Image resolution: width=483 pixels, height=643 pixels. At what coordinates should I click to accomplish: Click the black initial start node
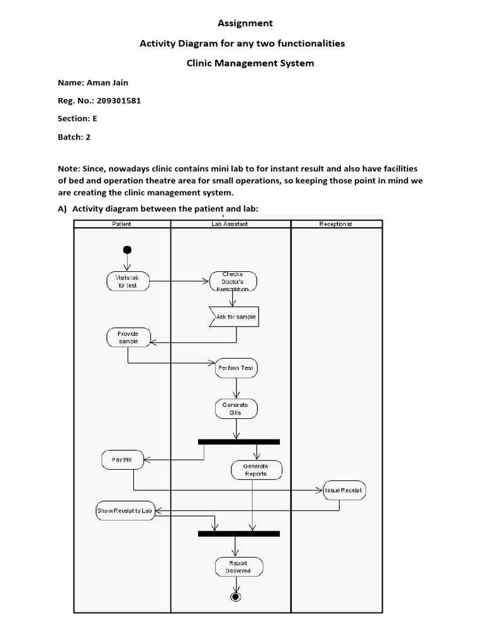click(128, 249)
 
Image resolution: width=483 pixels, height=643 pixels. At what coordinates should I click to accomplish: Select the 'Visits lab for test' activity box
click(127, 281)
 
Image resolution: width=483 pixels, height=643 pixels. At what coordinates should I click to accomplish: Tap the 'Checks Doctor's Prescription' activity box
click(233, 281)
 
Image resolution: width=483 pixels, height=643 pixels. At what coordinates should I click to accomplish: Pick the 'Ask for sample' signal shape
click(234, 317)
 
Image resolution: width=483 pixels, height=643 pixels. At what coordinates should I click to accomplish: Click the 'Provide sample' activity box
click(128, 337)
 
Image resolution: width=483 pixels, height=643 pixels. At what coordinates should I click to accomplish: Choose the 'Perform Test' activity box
click(236, 367)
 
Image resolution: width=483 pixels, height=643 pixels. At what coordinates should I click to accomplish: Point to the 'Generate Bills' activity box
click(236, 409)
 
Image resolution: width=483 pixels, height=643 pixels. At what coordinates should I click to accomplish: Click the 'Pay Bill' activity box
click(123, 460)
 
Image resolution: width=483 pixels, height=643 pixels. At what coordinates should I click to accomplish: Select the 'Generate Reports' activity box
click(255, 470)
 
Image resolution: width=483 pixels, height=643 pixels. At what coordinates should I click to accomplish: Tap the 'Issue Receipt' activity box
click(343, 490)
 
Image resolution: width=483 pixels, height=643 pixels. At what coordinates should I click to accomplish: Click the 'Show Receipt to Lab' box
click(125, 511)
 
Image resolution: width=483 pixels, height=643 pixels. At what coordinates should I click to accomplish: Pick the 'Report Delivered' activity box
click(238, 567)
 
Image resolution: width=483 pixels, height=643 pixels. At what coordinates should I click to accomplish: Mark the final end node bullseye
click(236, 596)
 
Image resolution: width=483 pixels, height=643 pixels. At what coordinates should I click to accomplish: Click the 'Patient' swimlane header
click(121, 224)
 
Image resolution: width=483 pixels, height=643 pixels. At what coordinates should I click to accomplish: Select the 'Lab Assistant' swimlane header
click(230, 224)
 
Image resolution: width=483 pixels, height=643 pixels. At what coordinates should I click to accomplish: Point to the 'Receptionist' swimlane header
click(336, 224)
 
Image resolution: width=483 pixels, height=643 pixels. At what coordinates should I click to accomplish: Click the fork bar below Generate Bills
click(238, 441)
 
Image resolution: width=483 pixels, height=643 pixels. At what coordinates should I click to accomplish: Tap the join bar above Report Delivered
click(238, 533)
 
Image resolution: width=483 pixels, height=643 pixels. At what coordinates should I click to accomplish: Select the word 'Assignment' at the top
click(245, 23)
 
